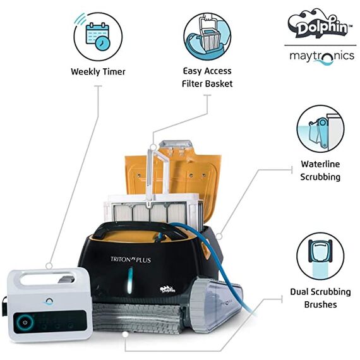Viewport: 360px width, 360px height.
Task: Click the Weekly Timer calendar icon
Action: pos(98,37)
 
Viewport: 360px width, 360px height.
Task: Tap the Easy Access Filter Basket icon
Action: pos(207,37)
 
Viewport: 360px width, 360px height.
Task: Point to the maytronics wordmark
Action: pos(322,56)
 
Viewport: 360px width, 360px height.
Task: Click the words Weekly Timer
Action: pos(98,71)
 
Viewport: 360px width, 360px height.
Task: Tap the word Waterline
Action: pos(320,164)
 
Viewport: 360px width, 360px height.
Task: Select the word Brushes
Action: pos(320,304)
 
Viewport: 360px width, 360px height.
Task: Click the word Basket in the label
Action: pos(220,83)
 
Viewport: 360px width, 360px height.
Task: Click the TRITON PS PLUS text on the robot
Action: pos(131,260)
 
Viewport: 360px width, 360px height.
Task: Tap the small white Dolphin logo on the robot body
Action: pos(167,289)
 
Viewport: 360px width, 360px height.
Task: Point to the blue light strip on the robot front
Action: pos(130,280)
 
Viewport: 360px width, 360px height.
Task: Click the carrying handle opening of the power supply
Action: pos(47,279)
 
